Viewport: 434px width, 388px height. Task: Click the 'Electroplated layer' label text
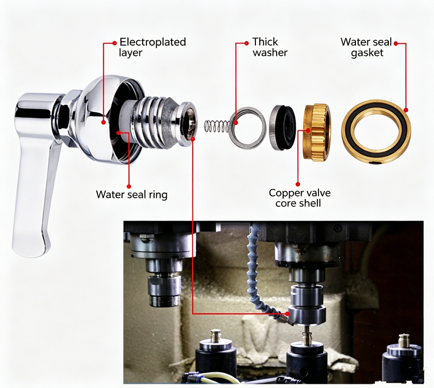(152, 47)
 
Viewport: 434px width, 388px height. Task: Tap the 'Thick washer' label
(270, 47)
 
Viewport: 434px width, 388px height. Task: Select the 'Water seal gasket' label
(367, 47)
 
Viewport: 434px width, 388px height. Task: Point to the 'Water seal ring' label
(132, 194)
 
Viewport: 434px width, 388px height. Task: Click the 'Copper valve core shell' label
(299, 198)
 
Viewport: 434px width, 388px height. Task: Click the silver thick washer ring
(247, 128)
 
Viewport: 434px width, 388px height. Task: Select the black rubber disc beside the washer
(283, 128)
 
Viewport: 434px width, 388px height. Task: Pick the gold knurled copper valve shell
(317, 132)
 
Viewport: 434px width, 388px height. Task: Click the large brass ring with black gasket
(376, 132)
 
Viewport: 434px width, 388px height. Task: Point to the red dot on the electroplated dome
(104, 122)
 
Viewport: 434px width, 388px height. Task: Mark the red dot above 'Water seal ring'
(119, 132)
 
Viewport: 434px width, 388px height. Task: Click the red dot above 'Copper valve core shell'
(308, 130)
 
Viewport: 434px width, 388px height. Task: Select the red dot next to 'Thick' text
(246, 43)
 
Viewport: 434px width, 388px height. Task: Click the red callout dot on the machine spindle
(288, 314)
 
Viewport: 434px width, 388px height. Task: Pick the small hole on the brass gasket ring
(376, 162)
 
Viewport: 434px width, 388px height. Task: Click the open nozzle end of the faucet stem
(189, 122)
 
